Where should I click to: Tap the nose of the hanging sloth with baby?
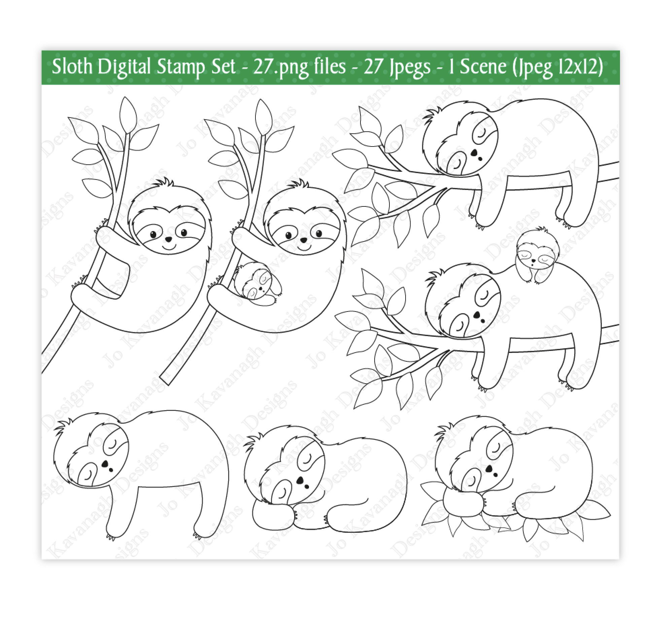point(303,240)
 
